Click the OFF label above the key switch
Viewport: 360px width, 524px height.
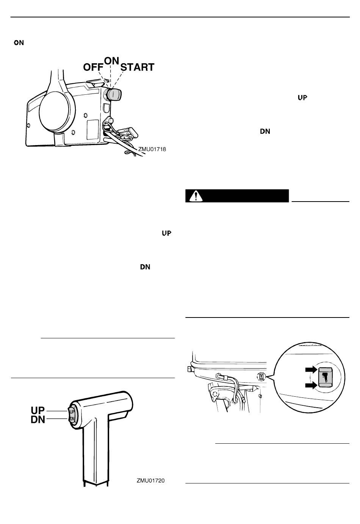pyautogui.click(x=93, y=67)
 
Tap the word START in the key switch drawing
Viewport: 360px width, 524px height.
pyautogui.click(x=137, y=67)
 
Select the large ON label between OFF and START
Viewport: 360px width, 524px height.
pyautogui.click(x=111, y=61)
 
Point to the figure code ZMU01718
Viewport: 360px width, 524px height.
pyautogui.click(x=152, y=149)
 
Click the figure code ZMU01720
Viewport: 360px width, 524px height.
pyautogui.click(x=151, y=480)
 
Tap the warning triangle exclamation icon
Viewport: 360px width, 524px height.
pyautogui.click(x=196, y=196)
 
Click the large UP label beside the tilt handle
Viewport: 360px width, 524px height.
pyautogui.click(x=38, y=410)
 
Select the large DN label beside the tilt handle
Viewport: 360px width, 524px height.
pyautogui.click(x=38, y=420)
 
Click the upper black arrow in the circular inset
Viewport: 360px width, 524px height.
pyautogui.click(x=311, y=370)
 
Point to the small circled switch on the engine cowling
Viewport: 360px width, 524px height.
pyautogui.click(x=261, y=377)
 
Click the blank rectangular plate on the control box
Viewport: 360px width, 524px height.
pyautogui.click(x=92, y=130)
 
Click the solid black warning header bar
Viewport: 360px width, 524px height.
pyautogui.click(x=237, y=196)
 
